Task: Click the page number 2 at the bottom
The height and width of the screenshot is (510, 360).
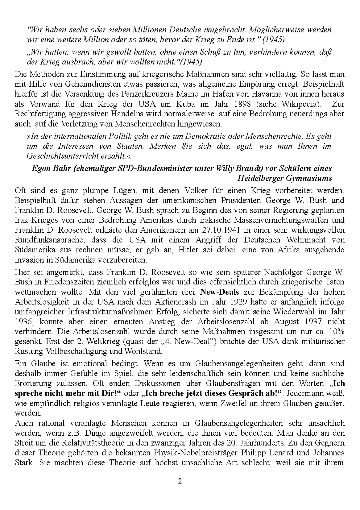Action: tap(180, 481)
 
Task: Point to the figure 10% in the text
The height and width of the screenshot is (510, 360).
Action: tap(337, 331)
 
